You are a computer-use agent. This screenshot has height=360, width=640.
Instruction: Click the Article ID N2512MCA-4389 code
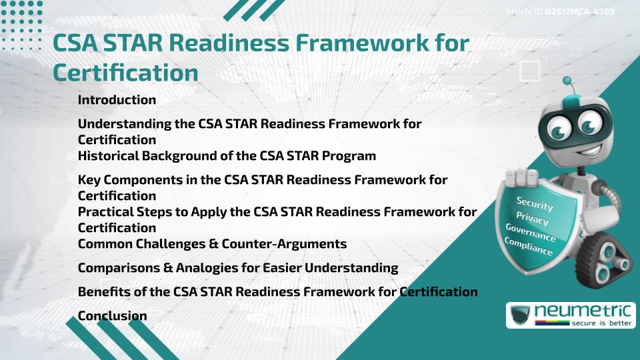click(x=578, y=11)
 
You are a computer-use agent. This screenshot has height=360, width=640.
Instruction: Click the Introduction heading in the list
click(x=117, y=100)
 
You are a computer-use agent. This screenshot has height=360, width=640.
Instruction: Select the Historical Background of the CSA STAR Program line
click(x=227, y=156)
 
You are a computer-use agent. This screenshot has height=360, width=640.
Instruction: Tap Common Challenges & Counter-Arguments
click(x=212, y=244)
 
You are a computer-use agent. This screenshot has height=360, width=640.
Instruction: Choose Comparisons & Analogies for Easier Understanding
click(x=238, y=268)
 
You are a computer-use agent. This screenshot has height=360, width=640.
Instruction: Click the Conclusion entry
click(x=112, y=316)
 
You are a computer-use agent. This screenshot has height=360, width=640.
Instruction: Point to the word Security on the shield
click(x=535, y=203)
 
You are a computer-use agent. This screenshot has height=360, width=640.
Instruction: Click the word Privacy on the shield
click(x=532, y=218)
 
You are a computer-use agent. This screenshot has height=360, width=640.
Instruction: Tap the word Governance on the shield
click(x=531, y=233)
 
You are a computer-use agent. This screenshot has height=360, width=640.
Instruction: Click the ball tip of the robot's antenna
click(x=567, y=81)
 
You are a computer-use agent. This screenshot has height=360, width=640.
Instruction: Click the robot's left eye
click(x=554, y=126)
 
